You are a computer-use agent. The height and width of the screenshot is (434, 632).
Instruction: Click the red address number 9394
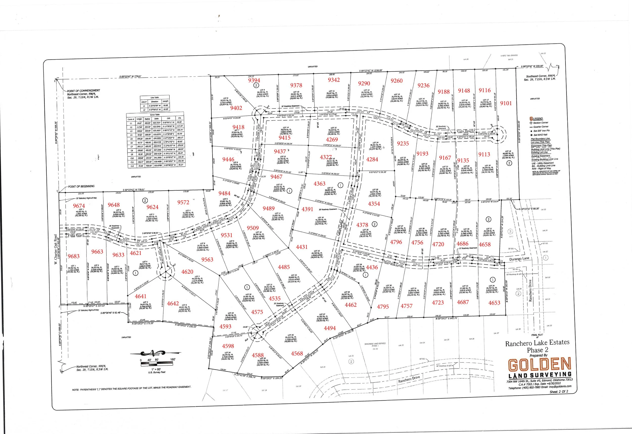tap(254, 80)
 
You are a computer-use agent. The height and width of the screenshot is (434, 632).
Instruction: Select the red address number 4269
tap(332, 140)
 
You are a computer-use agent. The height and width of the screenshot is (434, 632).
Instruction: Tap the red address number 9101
tap(506, 103)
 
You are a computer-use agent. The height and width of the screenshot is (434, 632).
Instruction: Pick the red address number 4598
tap(228, 346)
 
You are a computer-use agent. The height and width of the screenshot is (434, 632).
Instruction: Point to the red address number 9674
tap(79, 206)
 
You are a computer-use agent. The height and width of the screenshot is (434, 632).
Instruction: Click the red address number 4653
tap(494, 303)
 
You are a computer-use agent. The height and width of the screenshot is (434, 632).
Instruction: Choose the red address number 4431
tap(302, 247)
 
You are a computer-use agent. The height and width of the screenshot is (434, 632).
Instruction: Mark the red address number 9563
tap(207, 259)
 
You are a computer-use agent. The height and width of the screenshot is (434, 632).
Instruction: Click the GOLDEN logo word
tap(539, 365)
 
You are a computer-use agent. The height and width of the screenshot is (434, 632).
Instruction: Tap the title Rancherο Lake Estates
tap(537, 343)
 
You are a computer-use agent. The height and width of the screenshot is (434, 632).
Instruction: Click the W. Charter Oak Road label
tap(56, 250)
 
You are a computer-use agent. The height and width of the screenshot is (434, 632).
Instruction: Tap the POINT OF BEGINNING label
tap(81, 186)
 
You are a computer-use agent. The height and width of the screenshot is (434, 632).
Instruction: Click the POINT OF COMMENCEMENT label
tap(83, 91)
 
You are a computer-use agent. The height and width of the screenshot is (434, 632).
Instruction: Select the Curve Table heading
tap(155, 115)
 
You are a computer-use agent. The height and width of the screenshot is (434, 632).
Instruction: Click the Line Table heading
tap(154, 97)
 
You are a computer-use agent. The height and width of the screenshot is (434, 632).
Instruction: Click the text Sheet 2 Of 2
tap(559, 392)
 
